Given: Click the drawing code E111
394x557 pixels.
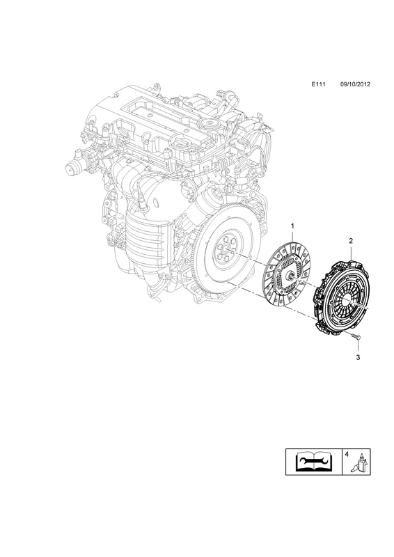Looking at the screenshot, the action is tap(319, 84).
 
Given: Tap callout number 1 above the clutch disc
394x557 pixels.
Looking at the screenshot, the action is tap(293, 226).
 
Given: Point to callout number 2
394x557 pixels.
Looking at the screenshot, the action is tap(351, 240).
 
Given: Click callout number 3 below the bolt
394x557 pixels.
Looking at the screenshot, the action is tap(358, 357).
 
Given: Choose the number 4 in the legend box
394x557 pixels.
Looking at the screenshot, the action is tap(347, 454).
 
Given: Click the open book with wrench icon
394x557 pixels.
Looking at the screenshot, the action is tap(314, 462).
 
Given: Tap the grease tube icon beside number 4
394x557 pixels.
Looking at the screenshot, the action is tap(361, 463).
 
